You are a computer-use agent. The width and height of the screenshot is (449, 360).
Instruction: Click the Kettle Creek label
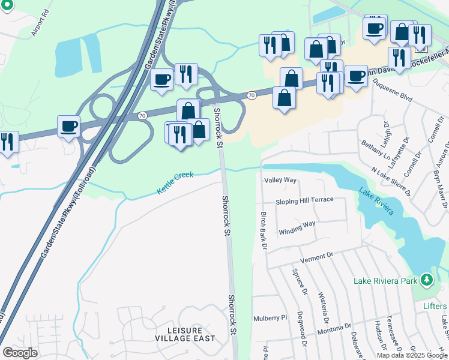[175, 183]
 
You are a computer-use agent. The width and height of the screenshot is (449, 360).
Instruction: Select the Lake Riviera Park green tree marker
[426, 280]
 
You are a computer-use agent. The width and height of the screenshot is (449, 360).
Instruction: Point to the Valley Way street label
[280, 180]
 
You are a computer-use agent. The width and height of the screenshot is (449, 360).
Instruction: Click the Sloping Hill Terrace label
[304, 200]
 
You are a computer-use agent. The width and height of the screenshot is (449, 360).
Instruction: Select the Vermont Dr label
[316, 256]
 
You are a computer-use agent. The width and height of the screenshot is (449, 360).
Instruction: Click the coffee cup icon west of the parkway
[68, 127]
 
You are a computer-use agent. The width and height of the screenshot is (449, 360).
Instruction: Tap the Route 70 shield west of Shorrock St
[142, 115]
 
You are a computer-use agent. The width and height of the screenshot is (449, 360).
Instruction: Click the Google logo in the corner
[20, 353]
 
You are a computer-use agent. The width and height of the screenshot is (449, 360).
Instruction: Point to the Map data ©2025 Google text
[412, 355]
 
